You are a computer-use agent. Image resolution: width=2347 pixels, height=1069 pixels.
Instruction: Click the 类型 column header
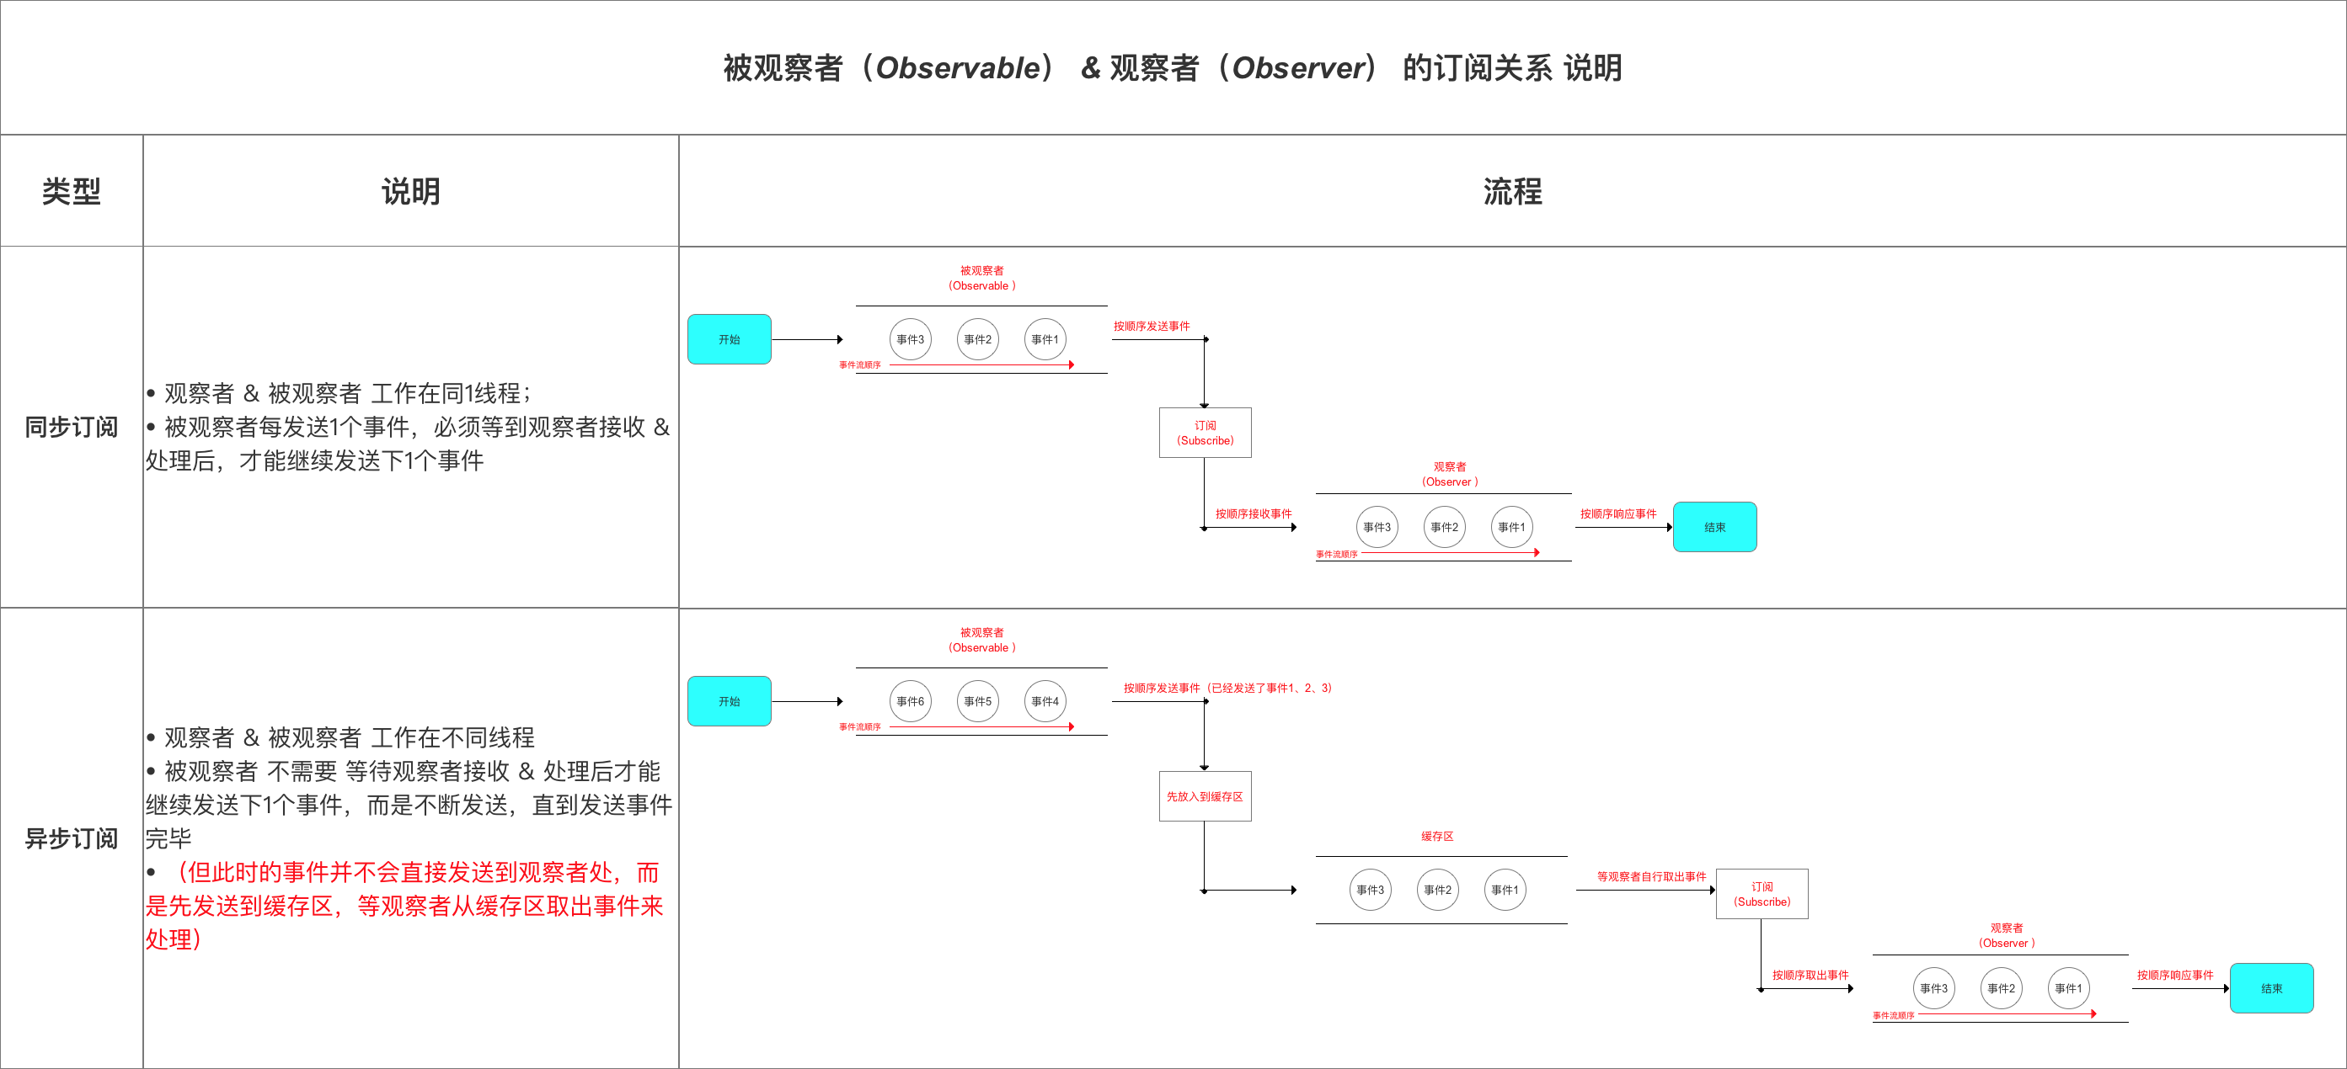pyautogui.click(x=71, y=191)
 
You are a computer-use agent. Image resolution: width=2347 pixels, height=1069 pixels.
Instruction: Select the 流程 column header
pyautogui.click(x=1511, y=191)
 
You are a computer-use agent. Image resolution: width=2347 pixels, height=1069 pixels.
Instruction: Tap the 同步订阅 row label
pyautogui.click(x=71, y=426)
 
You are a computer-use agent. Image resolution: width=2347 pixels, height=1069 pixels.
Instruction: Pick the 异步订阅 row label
pyautogui.click(x=71, y=838)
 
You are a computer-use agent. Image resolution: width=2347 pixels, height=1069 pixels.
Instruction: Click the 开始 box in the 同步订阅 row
pyautogui.click(x=729, y=338)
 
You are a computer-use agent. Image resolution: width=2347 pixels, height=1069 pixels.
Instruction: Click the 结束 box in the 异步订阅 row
pyautogui.click(x=2270, y=988)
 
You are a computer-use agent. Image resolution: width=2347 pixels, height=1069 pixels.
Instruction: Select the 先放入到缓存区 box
pyautogui.click(x=1205, y=795)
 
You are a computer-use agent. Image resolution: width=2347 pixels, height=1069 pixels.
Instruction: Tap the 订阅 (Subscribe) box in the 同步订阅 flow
pyautogui.click(x=1205, y=433)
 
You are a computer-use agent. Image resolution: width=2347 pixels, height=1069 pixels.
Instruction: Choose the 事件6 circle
pyautogui.click(x=910, y=701)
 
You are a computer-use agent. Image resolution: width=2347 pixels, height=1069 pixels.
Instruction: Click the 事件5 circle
pyautogui.click(x=977, y=701)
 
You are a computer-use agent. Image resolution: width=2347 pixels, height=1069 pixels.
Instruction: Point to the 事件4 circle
pyautogui.click(x=1045, y=701)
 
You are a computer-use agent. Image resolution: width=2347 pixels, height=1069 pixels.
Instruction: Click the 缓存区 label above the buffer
pyautogui.click(x=1437, y=836)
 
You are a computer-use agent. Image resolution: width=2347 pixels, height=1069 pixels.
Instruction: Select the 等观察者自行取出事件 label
pyautogui.click(x=1651, y=876)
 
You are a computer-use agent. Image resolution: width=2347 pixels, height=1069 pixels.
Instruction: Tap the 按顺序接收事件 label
pyautogui.click(x=1253, y=513)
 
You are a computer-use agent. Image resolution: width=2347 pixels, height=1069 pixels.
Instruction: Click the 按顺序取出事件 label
pyautogui.click(x=1810, y=974)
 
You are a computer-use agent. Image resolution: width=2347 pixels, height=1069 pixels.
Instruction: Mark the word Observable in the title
pyautogui.click(x=958, y=67)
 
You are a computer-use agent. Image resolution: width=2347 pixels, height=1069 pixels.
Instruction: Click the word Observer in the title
pyautogui.click(x=1298, y=67)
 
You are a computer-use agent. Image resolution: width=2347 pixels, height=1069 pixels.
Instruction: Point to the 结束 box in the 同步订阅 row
pyautogui.click(x=1714, y=527)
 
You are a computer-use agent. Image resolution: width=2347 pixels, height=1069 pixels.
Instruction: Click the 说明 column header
pyautogui.click(x=410, y=191)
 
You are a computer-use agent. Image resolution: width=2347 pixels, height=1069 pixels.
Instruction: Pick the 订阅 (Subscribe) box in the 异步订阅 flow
pyautogui.click(x=1762, y=893)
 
